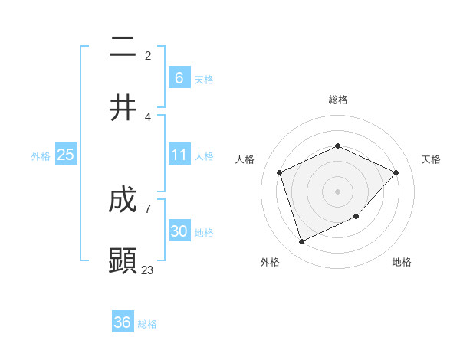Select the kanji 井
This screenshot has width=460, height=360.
click(123, 107)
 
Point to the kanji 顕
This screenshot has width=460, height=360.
click(123, 260)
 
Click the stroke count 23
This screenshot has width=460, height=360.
click(148, 270)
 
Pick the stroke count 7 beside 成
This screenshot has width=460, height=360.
click(148, 208)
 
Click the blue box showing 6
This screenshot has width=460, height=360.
click(179, 77)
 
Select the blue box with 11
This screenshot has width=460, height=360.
click(179, 155)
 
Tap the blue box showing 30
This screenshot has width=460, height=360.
click(179, 231)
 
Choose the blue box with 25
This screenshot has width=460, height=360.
click(66, 155)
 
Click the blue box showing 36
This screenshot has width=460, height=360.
click(123, 322)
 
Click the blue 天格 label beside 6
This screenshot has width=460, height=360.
click(203, 79)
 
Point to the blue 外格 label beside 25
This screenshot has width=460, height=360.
click(41, 155)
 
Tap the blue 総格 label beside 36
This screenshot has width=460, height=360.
click(147, 324)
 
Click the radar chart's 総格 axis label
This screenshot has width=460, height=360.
click(337, 100)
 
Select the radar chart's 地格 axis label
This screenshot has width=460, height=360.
click(402, 262)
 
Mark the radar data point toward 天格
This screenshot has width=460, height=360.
click(396, 172)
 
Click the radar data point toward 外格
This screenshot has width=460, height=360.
click(301, 242)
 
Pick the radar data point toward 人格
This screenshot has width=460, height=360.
click(280, 172)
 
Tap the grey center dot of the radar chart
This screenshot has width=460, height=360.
click(337, 191)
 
